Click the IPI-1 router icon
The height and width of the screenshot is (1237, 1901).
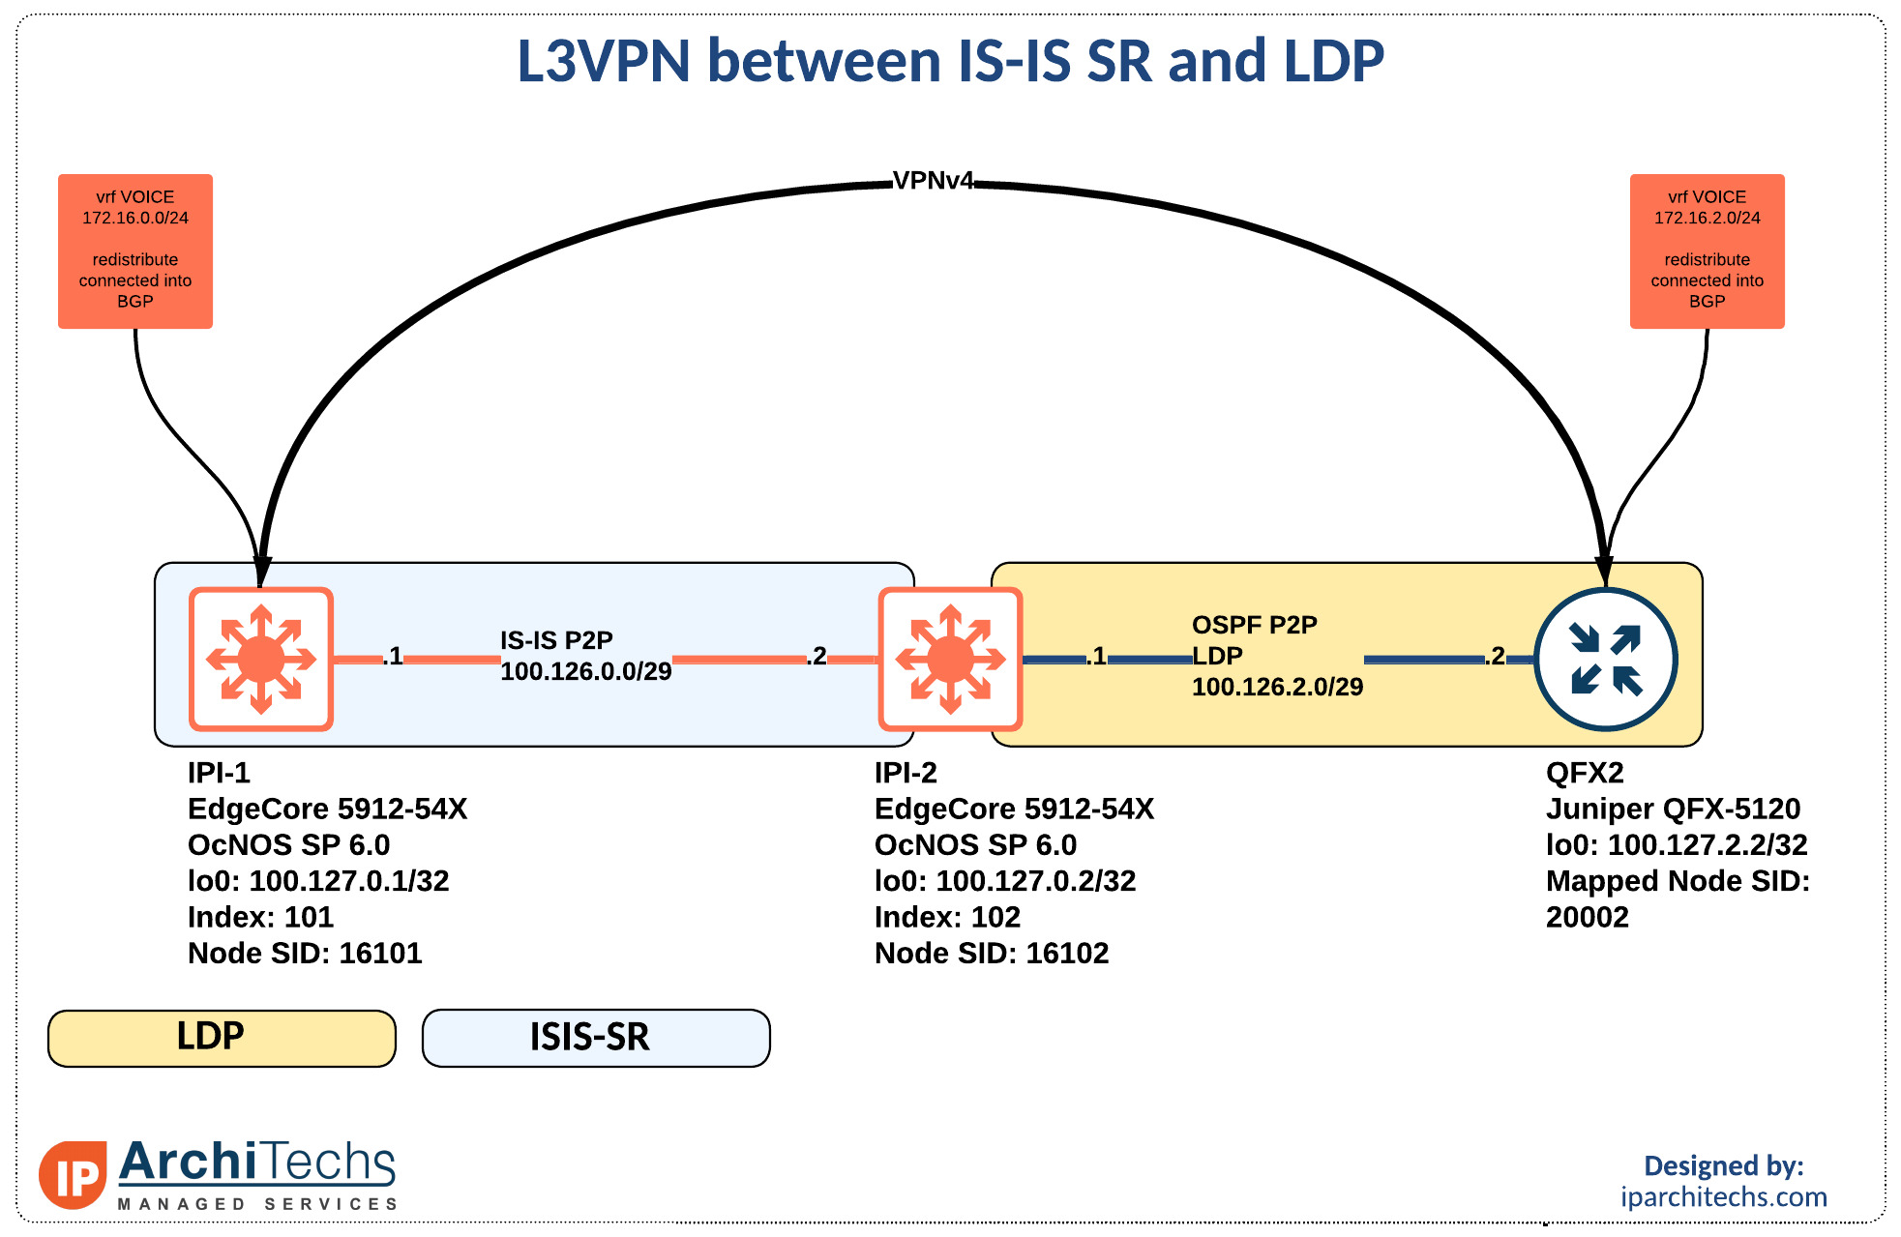(x=261, y=659)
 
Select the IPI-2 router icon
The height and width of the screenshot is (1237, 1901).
(x=950, y=659)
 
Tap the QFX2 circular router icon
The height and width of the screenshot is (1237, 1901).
(x=1606, y=659)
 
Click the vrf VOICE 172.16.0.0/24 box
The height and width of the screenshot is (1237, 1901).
(x=135, y=251)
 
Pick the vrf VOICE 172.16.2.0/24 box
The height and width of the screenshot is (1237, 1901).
(x=1708, y=251)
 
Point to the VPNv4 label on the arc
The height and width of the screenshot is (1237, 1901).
(x=933, y=181)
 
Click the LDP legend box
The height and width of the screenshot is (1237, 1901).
(x=222, y=1038)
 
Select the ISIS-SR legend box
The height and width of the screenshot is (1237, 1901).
(x=596, y=1038)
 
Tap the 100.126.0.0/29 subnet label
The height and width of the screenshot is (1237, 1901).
(x=586, y=671)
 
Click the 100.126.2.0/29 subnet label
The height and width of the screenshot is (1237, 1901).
(x=1277, y=687)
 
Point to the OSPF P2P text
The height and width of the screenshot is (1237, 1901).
(x=1255, y=625)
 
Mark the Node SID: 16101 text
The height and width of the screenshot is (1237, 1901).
(x=305, y=954)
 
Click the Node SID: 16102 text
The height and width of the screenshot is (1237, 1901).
(x=992, y=954)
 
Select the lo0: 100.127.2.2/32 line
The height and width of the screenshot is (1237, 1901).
(x=1677, y=845)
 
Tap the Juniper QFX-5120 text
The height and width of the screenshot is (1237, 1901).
(x=1674, y=809)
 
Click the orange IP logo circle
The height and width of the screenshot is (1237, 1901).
(x=73, y=1175)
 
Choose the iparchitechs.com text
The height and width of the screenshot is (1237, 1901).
(x=1724, y=1197)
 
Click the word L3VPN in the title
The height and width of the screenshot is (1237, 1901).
(x=604, y=61)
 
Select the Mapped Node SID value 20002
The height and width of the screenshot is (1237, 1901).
(x=1588, y=917)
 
